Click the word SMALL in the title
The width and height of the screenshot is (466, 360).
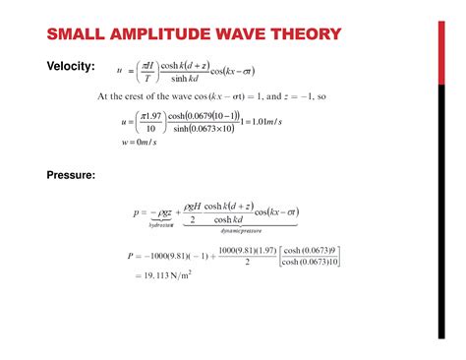click(x=77, y=35)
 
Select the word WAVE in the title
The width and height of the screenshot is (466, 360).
click(x=244, y=35)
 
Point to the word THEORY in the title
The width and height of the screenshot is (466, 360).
click(x=306, y=35)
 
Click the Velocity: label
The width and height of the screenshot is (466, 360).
click(x=71, y=66)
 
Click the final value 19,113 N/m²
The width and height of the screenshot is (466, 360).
click(x=161, y=276)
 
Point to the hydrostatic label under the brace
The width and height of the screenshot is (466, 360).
click(x=160, y=224)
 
